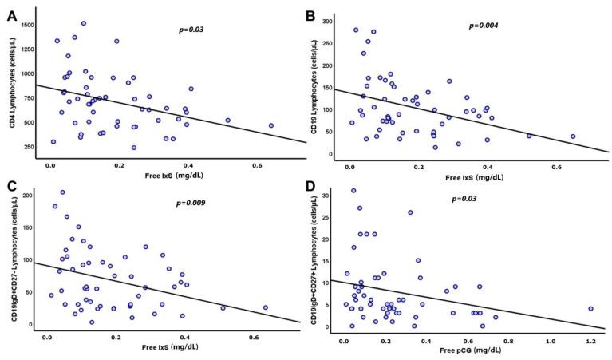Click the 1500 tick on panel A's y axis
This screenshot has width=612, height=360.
[30, 26]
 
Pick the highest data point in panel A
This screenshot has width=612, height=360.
[84, 23]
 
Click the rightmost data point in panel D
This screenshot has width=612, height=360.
[590, 308]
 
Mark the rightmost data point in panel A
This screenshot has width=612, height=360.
[270, 125]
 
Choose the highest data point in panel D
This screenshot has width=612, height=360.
[353, 191]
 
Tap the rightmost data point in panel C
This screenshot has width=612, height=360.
[266, 307]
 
